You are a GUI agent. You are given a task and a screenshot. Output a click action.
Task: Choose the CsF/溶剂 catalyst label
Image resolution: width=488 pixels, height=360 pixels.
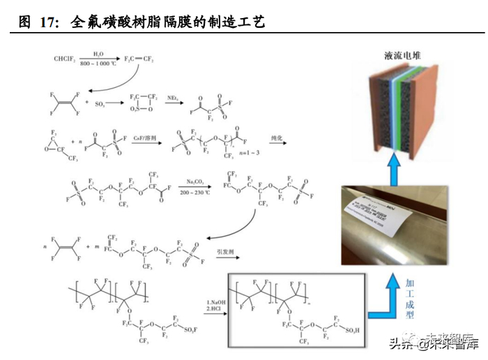coord(143,139)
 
